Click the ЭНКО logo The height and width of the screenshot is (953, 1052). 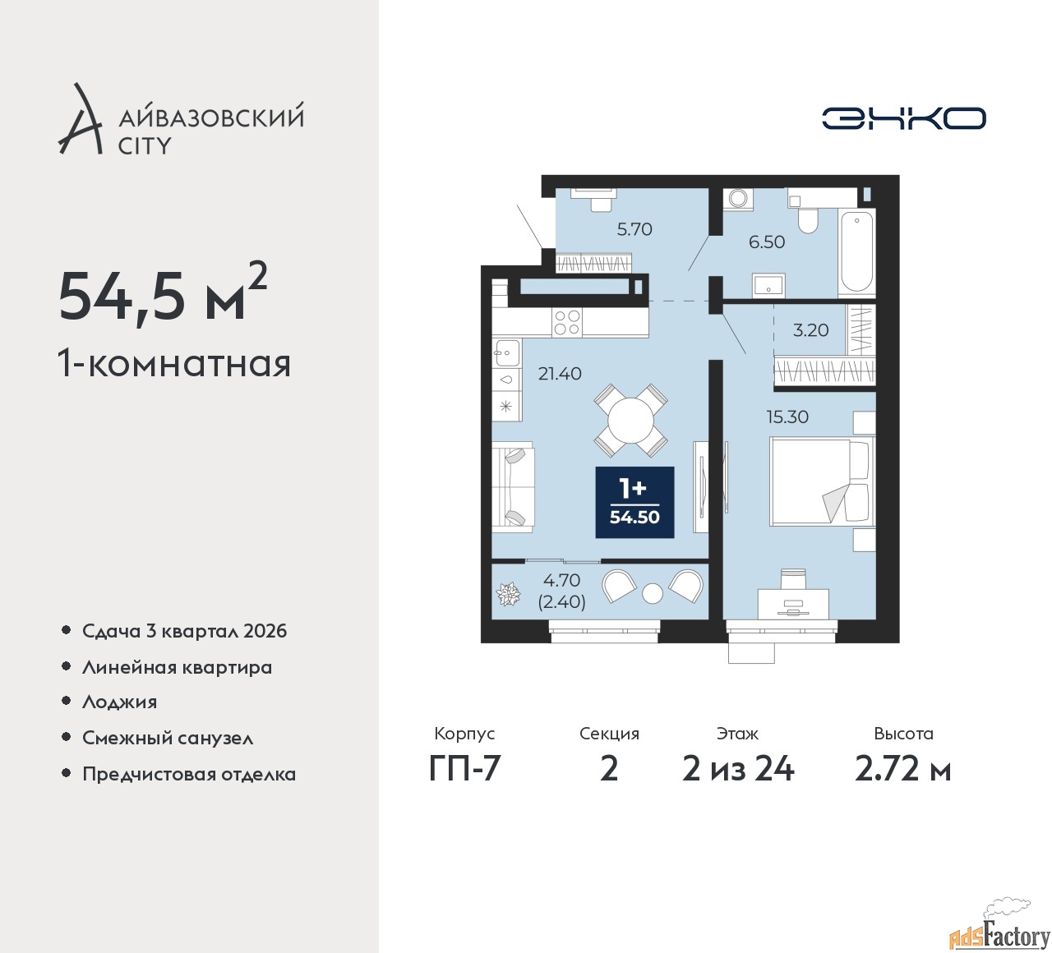click(903, 118)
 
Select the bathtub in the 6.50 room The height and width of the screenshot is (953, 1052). click(856, 251)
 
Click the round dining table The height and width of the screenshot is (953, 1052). click(631, 421)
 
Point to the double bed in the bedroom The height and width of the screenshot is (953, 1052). click(822, 481)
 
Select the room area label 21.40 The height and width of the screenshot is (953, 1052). click(560, 374)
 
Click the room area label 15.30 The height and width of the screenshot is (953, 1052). click(787, 417)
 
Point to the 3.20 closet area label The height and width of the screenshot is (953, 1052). click(810, 330)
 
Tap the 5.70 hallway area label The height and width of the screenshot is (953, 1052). click(634, 229)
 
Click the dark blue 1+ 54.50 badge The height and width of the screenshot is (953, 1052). click(634, 502)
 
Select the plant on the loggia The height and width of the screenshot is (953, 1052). click(508, 594)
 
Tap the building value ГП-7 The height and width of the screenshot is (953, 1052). click(464, 770)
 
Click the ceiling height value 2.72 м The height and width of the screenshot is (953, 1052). click(902, 770)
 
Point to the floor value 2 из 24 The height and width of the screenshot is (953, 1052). click(738, 770)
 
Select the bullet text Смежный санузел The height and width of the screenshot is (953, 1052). click(168, 738)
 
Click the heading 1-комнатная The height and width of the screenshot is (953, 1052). click(174, 364)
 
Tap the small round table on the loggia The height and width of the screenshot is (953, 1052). click(653, 593)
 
